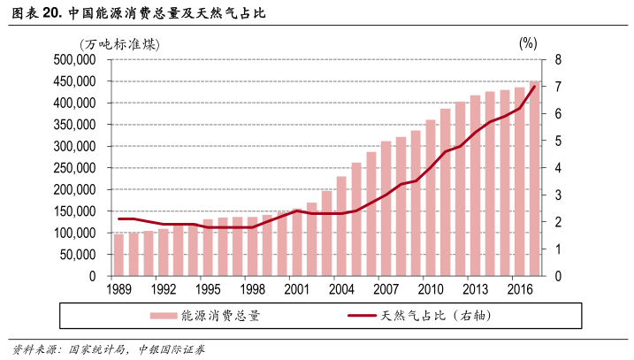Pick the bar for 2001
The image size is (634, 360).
click(x=297, y=242)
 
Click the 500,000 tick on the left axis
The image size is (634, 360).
click(x=74, y=60)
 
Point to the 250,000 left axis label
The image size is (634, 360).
click(x=74, y=168)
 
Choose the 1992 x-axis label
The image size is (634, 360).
click(x=163, y=288)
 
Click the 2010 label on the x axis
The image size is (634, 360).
click(x=431, y=288)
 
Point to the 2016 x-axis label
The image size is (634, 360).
click(x=520, y=288)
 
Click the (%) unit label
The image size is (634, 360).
click(x=528, y=42)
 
